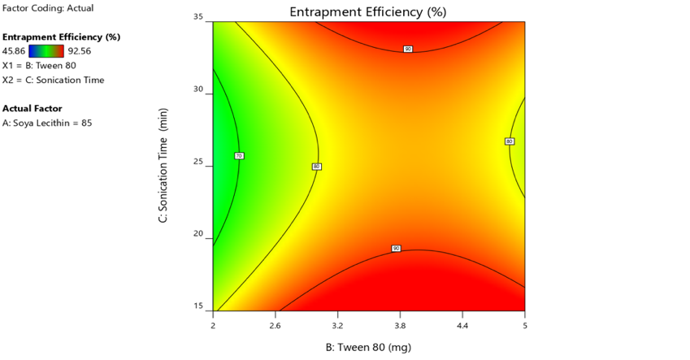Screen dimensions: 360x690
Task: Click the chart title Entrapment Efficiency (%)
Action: [367, 12]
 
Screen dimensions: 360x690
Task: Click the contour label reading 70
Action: [239, 155]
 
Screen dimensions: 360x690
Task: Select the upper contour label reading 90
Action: [408, 50]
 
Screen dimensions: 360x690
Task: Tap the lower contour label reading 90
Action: [396, 248]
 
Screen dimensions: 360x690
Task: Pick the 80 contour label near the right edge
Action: [510, 141]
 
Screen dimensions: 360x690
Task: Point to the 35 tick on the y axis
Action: [197, 17]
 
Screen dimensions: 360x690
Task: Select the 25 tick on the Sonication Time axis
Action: [197, 163]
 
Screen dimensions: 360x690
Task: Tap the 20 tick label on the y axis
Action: [197, 234]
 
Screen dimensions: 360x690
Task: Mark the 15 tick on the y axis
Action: [197, 306]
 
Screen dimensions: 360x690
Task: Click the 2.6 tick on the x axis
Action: [275, 325]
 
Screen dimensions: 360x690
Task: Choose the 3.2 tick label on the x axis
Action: [337, 325]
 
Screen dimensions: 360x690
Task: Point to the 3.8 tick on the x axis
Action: [400, 325]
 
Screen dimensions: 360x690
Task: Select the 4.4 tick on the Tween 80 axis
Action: [462, 325]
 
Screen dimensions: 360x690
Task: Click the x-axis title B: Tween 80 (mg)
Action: [367, 348]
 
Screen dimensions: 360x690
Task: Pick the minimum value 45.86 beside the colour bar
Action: [15, 51]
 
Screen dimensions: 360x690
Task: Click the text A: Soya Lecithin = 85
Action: [45, 124]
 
